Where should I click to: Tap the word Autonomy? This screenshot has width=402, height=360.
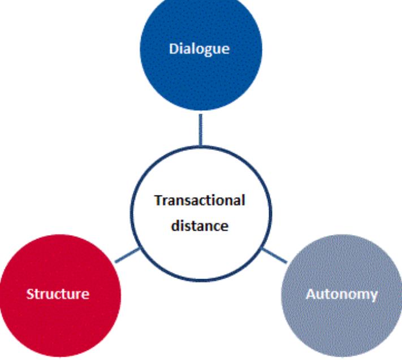342,294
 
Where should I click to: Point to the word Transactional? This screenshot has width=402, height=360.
200,201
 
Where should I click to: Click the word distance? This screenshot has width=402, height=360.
201,225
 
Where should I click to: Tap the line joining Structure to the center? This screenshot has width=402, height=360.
127,255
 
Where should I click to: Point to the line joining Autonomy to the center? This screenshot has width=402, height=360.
274,255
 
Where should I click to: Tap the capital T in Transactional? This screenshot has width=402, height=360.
158,201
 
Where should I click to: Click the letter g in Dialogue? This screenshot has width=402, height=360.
209,50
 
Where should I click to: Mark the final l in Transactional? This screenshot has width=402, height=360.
243,201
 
